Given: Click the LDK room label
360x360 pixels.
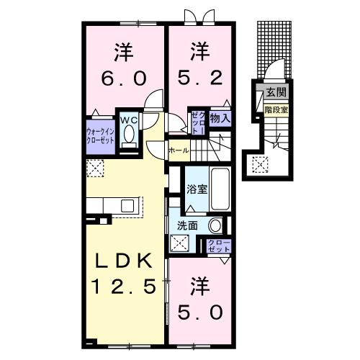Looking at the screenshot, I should tap(123, 261).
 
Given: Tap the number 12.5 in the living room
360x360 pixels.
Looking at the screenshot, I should tap(123, 287).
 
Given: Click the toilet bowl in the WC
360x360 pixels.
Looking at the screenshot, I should tap(130, 135).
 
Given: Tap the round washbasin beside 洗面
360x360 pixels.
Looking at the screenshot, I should tap(215, 225).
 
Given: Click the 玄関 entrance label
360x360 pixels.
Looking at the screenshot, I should tap(276, 92).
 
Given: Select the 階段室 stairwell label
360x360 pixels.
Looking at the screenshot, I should tap(276, 109).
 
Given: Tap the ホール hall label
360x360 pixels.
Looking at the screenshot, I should tap(179, 150).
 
